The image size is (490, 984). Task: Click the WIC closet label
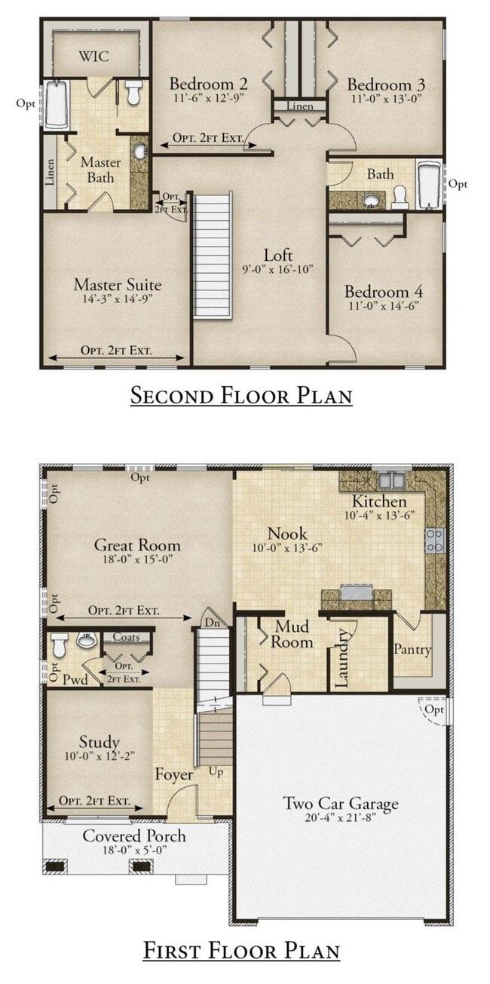pos(93,57)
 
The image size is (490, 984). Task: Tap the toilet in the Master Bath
pos(133,91)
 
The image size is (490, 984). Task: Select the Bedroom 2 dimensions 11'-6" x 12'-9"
pos(209,97)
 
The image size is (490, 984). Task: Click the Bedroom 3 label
pos(386,84)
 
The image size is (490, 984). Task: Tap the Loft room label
pos(278,255)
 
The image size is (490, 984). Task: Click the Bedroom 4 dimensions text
pos(384,305)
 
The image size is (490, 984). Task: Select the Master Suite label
pos(118,285)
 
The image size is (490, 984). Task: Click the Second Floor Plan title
pos(241,395)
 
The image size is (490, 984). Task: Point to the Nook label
pos(287,534)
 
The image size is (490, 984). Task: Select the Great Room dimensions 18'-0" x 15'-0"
pos(137,559)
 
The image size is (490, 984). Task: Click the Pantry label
pos(412,649)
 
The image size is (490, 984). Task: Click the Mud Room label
pos(292,634)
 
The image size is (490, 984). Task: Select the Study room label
pos(100,742)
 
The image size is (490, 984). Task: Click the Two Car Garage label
pos(341,803)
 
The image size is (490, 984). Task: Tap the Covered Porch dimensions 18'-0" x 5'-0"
pos(135,850)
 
